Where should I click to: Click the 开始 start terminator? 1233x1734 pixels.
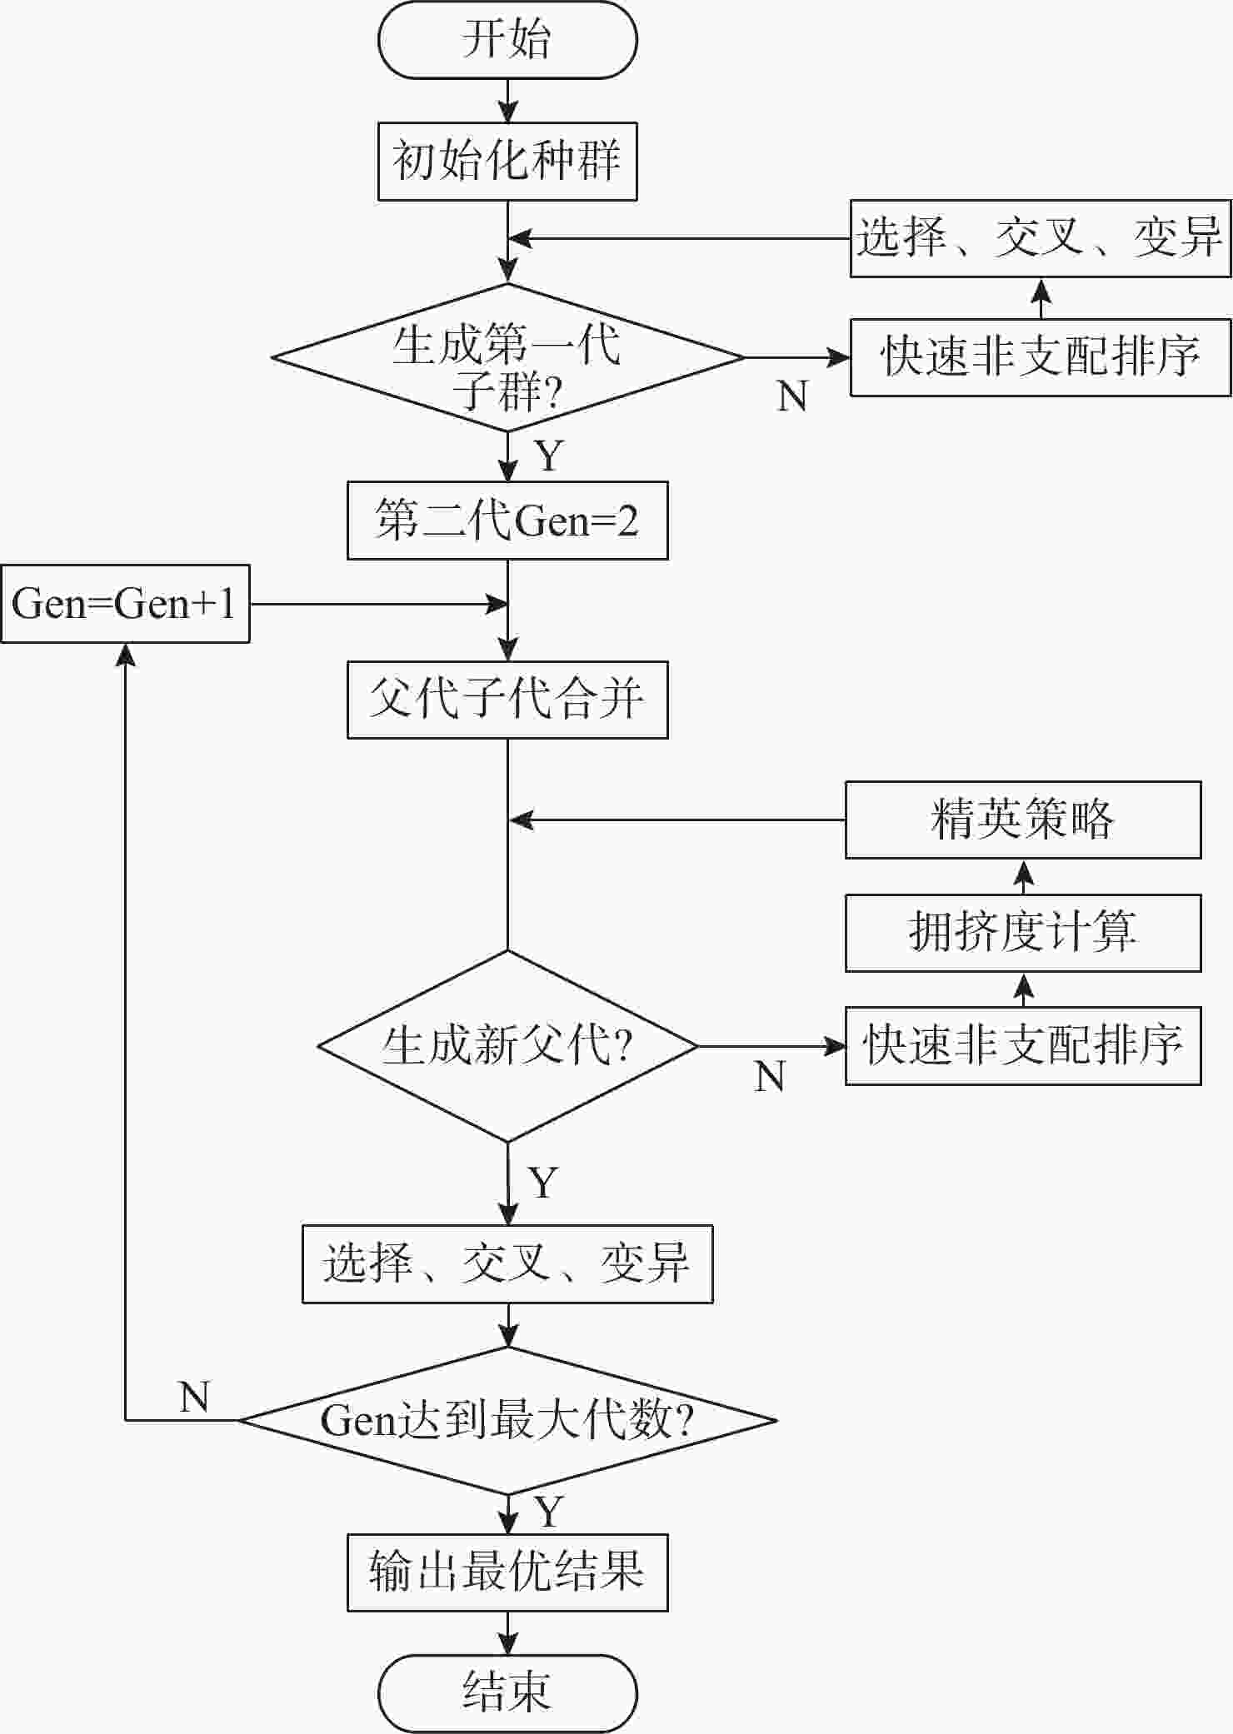tap(507, 39)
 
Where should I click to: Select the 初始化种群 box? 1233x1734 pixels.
tap(507, 162)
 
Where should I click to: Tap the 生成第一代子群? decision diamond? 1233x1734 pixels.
tap(507, 358)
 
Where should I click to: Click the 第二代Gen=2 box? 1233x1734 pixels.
tap(507, 521)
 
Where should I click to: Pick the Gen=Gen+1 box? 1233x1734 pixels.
tap(125, 604)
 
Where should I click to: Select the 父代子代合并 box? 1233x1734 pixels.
tap(507, 700)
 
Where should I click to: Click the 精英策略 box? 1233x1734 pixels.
tap(1023, 820)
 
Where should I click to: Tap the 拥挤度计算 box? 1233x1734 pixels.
tap(1023, 933)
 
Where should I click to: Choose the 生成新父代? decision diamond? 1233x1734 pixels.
tap(507, 1046)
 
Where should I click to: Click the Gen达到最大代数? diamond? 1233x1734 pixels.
tap(507, 1420)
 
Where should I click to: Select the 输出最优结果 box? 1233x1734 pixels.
tap(507, 1572)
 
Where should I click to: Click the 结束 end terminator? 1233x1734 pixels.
tap(507, 1693)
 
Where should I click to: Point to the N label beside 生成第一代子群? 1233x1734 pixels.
tap(792, 396)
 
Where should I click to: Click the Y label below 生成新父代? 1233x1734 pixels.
tap(543, 1183)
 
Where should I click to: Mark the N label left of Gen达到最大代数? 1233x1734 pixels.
tap(194, 1397)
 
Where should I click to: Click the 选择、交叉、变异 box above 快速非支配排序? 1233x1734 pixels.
tap(1041, 238)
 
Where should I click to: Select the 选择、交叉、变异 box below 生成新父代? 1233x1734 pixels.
tap(507, 1263)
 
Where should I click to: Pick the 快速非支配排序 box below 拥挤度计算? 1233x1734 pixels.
tap(1023, 1046)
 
